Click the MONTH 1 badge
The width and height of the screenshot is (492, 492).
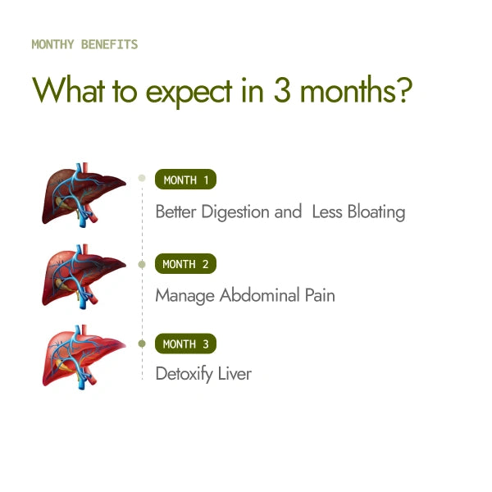coord(186,180)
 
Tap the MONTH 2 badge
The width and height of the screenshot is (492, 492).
coord(185,264)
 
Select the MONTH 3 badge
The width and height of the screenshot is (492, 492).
coord(185,344)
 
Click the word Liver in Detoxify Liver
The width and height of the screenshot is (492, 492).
coord(236,374)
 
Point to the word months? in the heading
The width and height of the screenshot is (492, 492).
coord(355,90)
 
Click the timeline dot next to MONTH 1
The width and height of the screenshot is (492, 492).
coord(142,177)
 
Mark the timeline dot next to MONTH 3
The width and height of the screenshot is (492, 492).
coord(142,343)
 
